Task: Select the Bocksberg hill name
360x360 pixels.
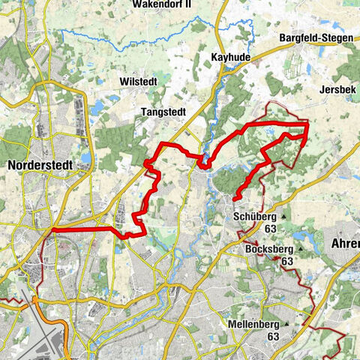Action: click(x=268, y=250)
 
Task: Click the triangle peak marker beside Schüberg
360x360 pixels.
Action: click(x=285, y=218)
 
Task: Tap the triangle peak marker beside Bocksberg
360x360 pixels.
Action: click(x=301, y=250)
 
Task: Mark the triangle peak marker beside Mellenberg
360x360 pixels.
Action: click(x=307, y=324)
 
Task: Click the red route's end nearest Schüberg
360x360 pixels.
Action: click(x=235, y=198)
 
